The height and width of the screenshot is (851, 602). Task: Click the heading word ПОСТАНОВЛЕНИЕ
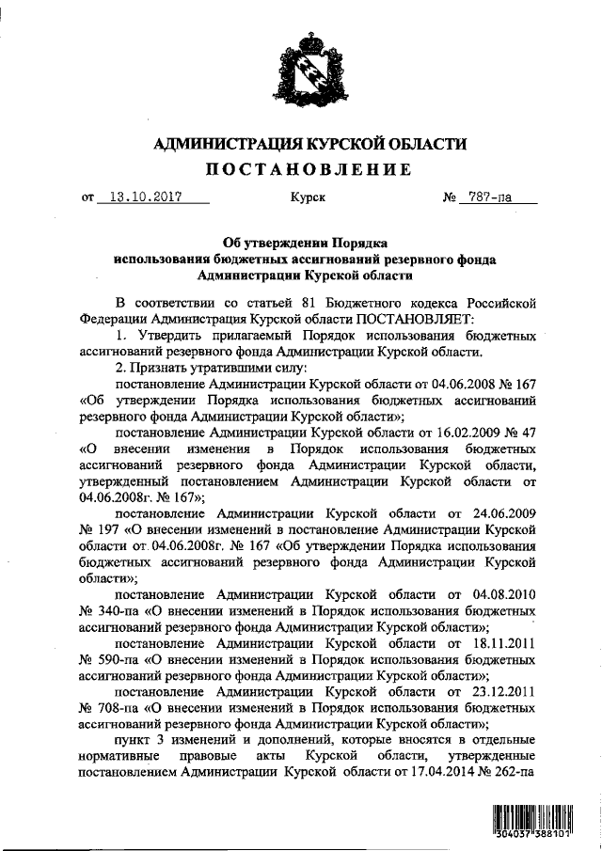(309, 169)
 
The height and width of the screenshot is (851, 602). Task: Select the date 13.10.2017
(145, 198)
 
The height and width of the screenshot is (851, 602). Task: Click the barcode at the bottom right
(532, 820)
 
